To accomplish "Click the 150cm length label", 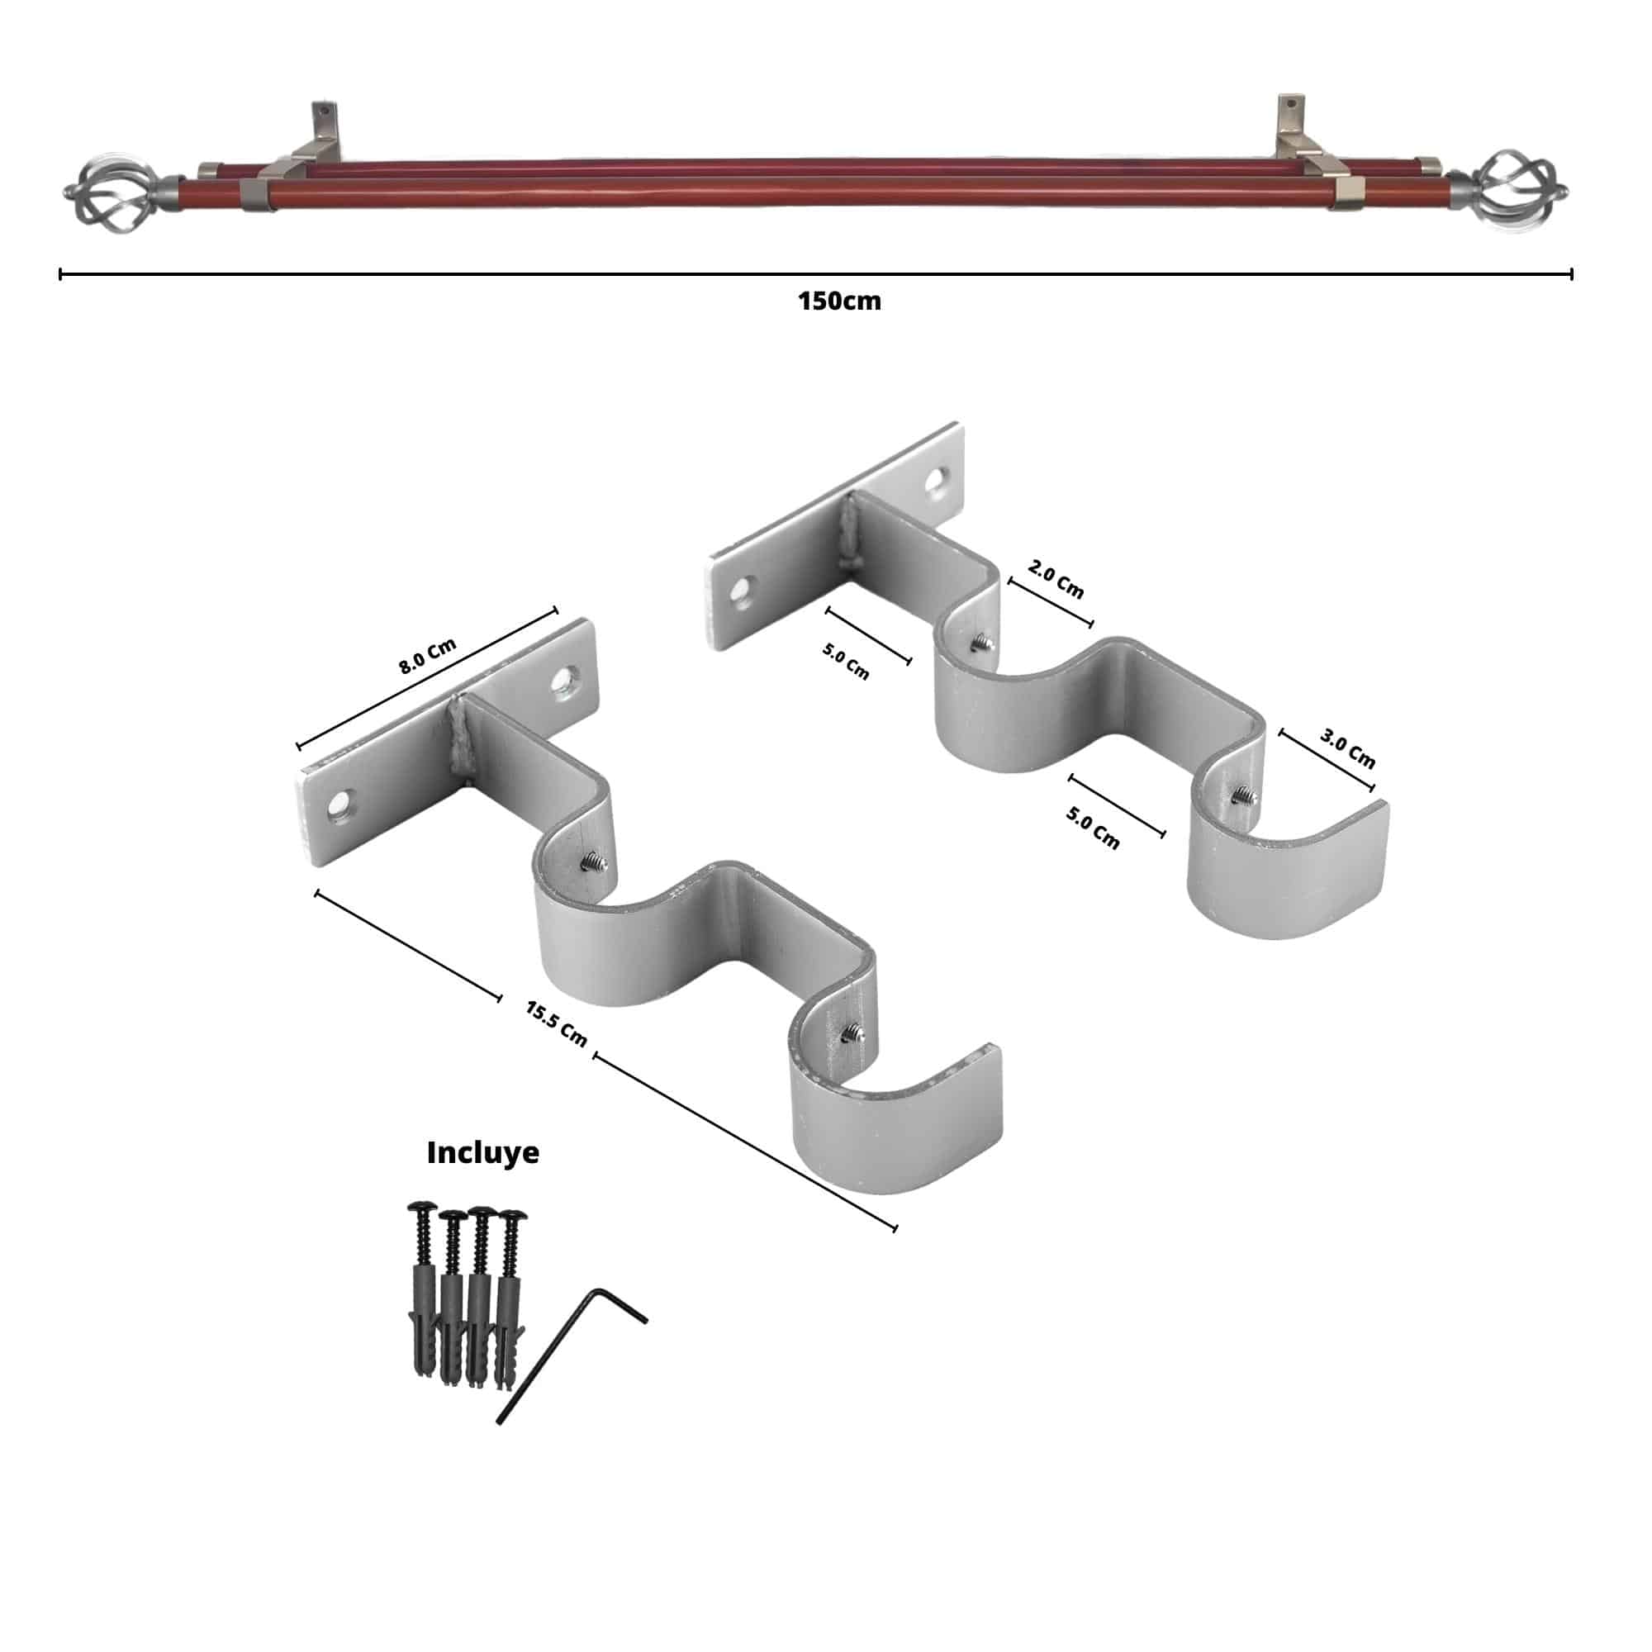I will (839, 301).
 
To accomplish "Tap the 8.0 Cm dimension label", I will (428, 657).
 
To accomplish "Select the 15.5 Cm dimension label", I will (557, 1023).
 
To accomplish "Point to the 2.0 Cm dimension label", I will (1055, 581).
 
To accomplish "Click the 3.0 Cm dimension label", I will (1346, 748).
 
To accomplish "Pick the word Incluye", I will (482, 1153).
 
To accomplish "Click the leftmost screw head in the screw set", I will (419, 1208).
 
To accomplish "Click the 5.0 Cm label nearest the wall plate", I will (846, 661).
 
